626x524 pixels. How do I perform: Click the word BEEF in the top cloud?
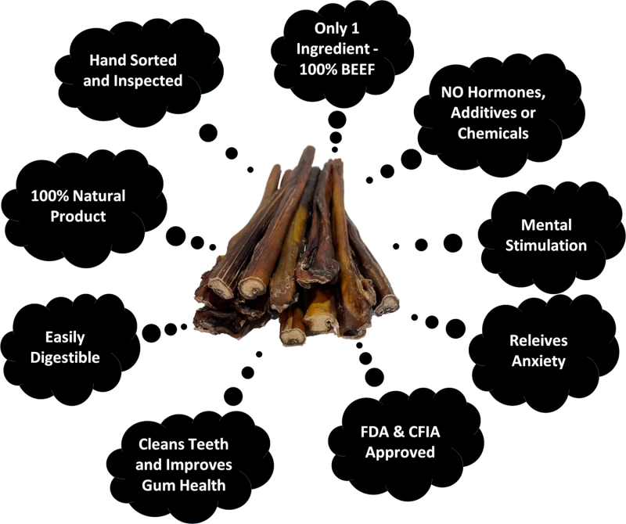[358, 70]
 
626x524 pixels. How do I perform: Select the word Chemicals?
[493, 133]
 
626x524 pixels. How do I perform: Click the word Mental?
[546, 224]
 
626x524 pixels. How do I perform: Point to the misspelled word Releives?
[538, 340]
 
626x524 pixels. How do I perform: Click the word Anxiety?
[538, 361]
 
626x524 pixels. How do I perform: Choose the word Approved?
[400, 453]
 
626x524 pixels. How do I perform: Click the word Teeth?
[209, 443]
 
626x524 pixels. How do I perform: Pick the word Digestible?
[65, 357]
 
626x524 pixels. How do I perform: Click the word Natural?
[100, 196]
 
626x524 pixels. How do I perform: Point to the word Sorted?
[153, 60]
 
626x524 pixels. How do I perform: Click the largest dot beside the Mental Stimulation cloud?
[453, 243]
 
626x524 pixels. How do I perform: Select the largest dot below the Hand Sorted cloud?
[208, 132]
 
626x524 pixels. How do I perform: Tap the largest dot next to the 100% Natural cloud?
[175, 236]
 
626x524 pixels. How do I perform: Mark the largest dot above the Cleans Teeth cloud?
[233, 396]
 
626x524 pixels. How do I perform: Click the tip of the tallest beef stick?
[310, 148]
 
